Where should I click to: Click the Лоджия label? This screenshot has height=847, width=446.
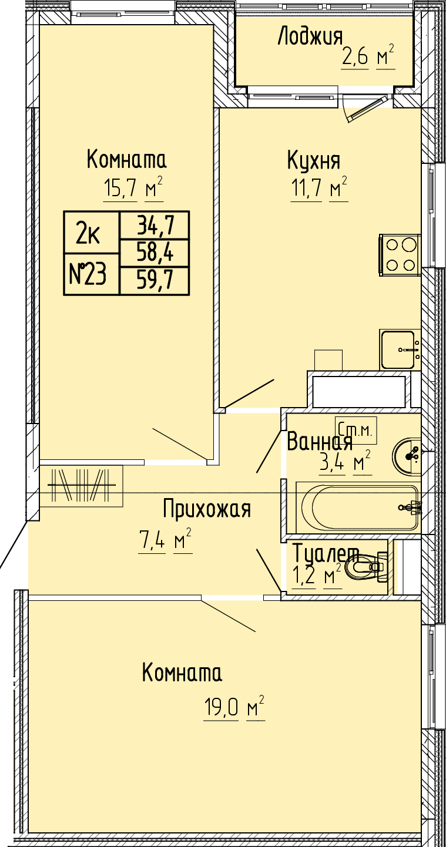coord(310,36)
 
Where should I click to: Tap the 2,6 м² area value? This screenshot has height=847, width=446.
coord(368,57)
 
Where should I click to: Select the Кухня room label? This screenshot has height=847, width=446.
coord(314,160)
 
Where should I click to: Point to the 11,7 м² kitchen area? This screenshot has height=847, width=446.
coord(319,188)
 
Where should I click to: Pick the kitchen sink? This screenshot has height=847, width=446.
coord(400,349)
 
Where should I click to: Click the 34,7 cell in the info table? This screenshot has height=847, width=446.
coord(155,225)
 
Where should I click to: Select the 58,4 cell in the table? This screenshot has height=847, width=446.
coord(155,253)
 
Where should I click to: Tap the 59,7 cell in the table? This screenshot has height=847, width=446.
coord(155,281)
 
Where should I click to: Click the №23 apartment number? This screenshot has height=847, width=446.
coord(88,274)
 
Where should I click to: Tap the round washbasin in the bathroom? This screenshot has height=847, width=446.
coord(407,456)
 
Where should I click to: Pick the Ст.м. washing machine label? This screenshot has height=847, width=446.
coord(356,430)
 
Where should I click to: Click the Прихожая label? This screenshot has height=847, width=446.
coord(207,509)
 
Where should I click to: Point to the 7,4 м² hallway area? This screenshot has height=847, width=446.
coord(165,541)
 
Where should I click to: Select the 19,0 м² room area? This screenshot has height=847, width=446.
coord(234,707)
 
